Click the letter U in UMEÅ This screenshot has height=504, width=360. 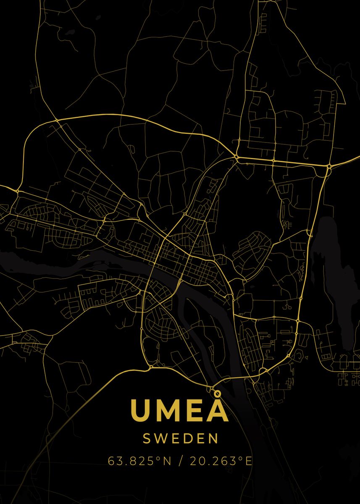coord(142,410)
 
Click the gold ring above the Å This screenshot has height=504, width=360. coord(217,394)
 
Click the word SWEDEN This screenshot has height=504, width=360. coord(181,439)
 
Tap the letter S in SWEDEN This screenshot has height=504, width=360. coord(147,439)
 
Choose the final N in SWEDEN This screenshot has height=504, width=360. coord(214,439)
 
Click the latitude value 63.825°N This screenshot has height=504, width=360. coord(140,461)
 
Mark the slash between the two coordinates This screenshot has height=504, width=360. coord(181,461)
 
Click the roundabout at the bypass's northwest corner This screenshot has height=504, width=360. coord(57,121)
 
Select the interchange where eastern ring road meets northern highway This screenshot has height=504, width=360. coord(328,167)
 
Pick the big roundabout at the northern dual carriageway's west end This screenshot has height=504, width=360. coord(236,157)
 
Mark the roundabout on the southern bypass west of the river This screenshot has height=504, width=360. coord(151,367)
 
